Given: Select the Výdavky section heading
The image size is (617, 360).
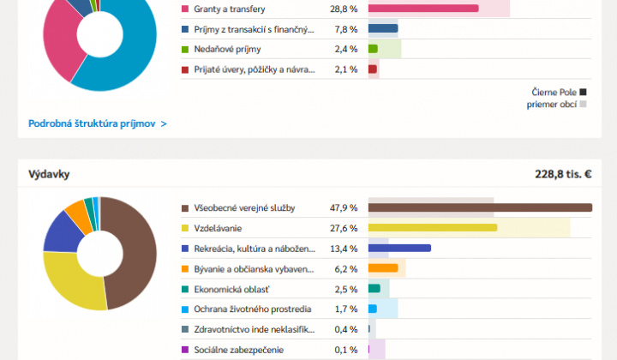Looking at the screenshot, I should pos(49,174).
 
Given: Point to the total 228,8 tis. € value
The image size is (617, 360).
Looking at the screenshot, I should pos(563,174).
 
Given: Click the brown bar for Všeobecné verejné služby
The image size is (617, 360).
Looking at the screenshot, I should pos(480,207).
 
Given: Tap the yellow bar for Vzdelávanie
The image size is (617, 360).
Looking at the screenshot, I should pos(433,228).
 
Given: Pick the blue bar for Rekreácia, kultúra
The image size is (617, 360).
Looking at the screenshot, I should pos(399,249).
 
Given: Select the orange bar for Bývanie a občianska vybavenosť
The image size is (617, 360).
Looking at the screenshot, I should pos(383,268).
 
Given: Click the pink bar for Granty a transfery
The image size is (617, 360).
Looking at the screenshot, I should pos(423,9).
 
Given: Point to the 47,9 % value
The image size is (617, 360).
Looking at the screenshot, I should pos(346,207).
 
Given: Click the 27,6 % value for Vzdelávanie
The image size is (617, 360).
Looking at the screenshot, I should pos(346,228).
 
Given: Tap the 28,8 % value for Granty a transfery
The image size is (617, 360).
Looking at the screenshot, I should pos(346,9).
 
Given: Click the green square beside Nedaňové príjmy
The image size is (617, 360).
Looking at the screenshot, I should pos(185,49).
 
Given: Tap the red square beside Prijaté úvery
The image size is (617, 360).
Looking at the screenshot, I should pos(185,69).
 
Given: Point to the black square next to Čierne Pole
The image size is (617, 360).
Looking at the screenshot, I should pos(583,91).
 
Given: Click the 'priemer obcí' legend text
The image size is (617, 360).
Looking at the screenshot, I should pos(551,105).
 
